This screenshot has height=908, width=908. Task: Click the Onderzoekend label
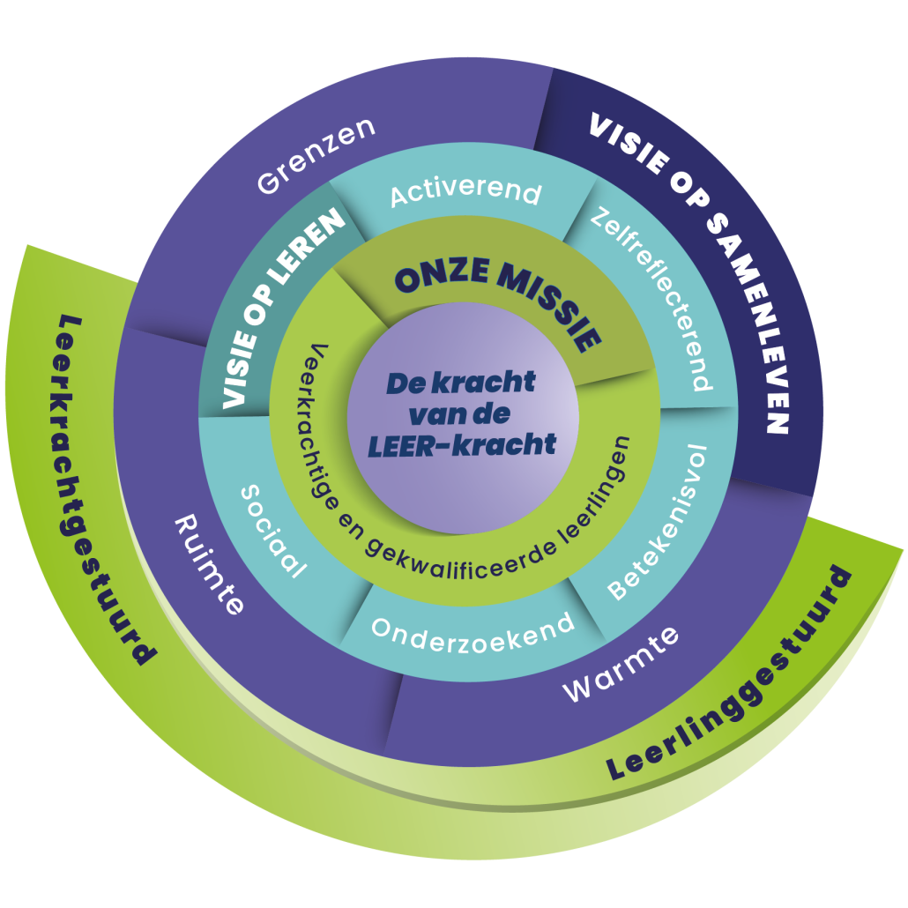[x=473, y=626]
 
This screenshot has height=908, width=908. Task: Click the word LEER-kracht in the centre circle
[x=463, y=445]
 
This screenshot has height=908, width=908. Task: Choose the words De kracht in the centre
[x=461, y=383]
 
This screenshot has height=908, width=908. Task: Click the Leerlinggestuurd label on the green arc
[x=732, y=680]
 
